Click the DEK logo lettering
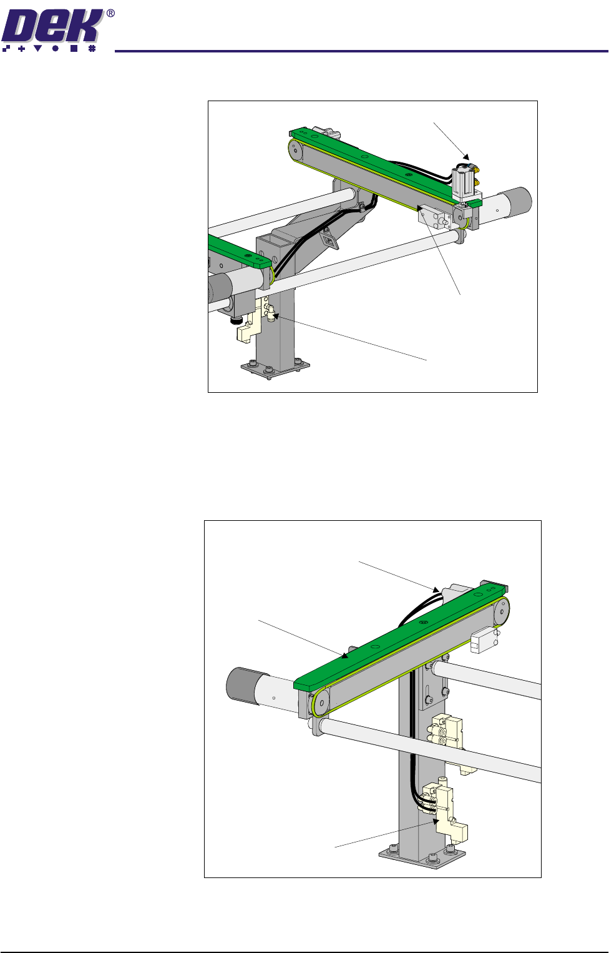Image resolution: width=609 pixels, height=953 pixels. tap(52, 26)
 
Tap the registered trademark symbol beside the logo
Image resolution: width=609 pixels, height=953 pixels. tap(110, 14)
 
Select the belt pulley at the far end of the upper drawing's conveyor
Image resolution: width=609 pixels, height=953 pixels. tap(295, 150)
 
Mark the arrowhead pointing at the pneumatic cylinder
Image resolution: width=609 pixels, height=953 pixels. tap(466, 157)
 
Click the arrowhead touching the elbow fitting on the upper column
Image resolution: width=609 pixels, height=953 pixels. tap(276, 316)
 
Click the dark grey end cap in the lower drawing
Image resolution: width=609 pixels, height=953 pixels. tap(243, 685)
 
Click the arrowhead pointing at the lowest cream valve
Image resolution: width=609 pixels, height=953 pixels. tap(435, 821)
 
